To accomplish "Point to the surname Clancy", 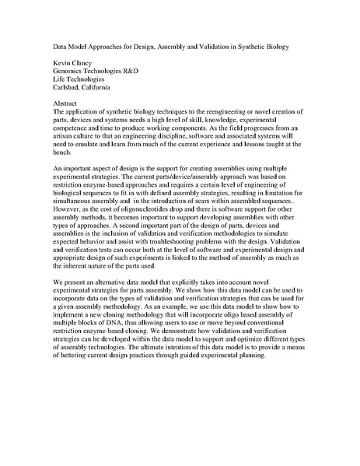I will pyautogui.click(x=86, y=65).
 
